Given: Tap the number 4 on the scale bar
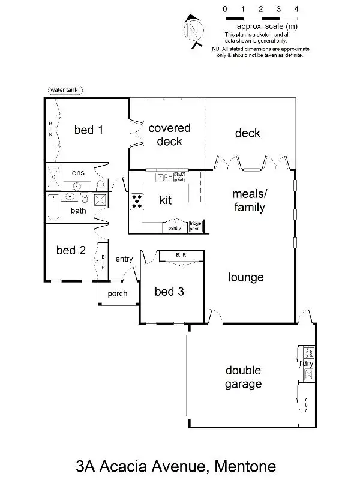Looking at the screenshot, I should [x=296, y=9].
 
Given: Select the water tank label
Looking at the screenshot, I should [x=65, y=90].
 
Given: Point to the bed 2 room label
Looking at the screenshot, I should [x=71, y=250].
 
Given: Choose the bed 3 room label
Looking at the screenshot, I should [x=169, y=292].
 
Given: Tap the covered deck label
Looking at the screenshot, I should [x=169, y=135].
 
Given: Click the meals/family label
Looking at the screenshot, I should [x=248, y=201].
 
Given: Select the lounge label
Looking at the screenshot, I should [x=246, y=277].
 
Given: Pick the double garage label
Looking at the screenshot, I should [x=243, y=377].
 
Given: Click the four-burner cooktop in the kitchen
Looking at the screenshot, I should [x=137, y=201].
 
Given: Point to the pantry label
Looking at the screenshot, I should [x=175, y=228].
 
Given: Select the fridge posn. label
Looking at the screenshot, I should [x=196, y=227].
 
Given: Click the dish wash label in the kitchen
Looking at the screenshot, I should [x=179, y=177].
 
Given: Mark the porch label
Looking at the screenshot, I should [x=118, y=294].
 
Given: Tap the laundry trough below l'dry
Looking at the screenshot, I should [x=308, y=375].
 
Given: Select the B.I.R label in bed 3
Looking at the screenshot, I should [x=181, y=256].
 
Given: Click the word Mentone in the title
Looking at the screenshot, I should [x=247, y=465].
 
